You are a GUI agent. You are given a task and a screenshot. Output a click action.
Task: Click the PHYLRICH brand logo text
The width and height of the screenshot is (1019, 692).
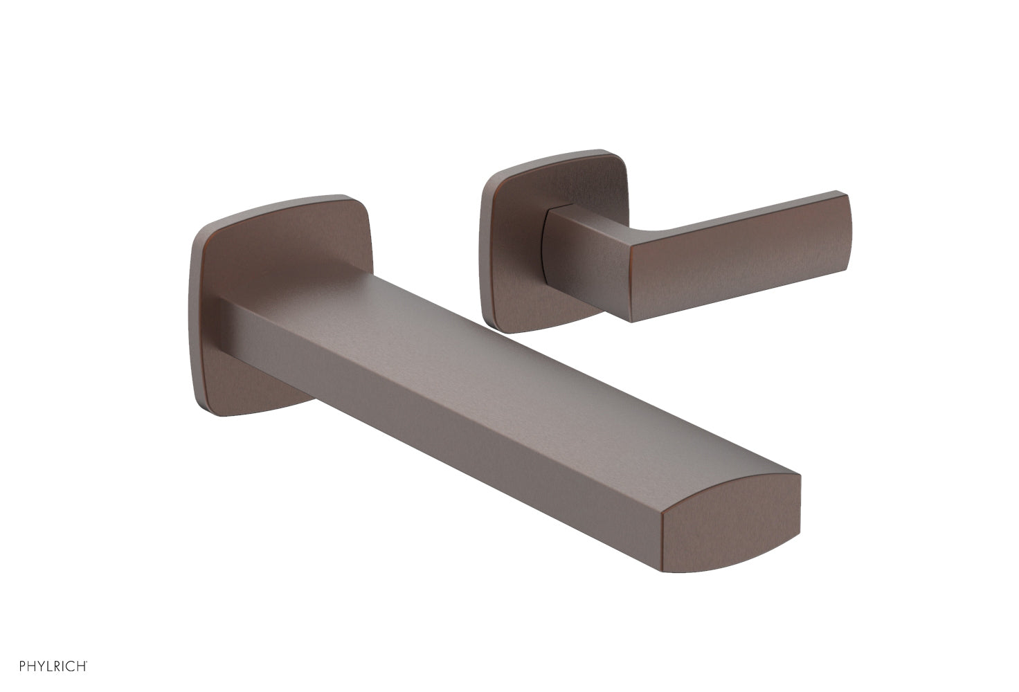pyautogui.click(x=52, y=666)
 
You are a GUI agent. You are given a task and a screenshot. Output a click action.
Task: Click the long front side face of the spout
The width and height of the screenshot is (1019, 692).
pyautogui.click(x=443, y=415)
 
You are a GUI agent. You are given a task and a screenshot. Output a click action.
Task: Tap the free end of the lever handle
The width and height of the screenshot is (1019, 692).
pyautogui.click(x=846, y=228)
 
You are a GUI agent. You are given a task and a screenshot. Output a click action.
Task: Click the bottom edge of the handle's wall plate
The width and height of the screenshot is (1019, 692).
pyautogui.click(x=540, y=329)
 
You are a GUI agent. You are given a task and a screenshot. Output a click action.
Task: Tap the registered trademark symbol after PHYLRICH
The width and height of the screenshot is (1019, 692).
pyautogui.click(x=87, y=663)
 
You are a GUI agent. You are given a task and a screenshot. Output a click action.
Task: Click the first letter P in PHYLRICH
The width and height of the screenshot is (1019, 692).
pyautogui.click(x=23, y=666)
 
